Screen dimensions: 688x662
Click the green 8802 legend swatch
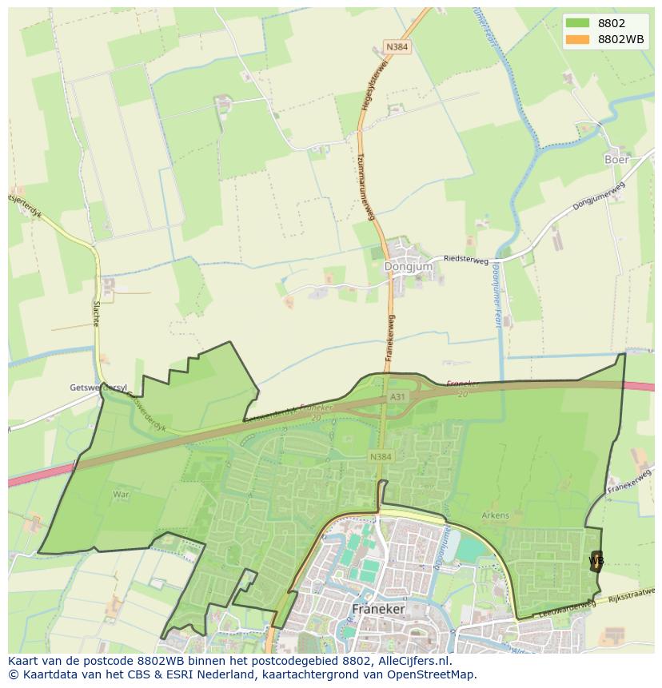pyautogui.click(x=576, y=23)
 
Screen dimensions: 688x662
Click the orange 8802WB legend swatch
pyautogui.click(x=576, y=39)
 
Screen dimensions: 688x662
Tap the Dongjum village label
pyautogui.click(x=408, y=266)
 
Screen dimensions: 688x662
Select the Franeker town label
pyautogui.click(x=379, y=609)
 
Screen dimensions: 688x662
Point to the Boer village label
pyautogui.click(x=616, y=159)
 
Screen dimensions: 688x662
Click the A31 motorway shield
pyautogui.click(x=398, y=396)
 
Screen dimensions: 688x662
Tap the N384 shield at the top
pyautogui.click(x=396, y=47)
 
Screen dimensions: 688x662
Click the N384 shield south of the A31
pyautogui.click(x=381, y=456)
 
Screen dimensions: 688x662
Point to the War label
pyautogui.click(x=121, y=495)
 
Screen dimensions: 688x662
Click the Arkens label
pyautogui.click(x=496, y=515)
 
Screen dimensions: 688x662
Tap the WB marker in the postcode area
pyautogui.click(x=596, y=560)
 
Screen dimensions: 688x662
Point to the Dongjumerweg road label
pyautogui.click(x=599, y=196)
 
